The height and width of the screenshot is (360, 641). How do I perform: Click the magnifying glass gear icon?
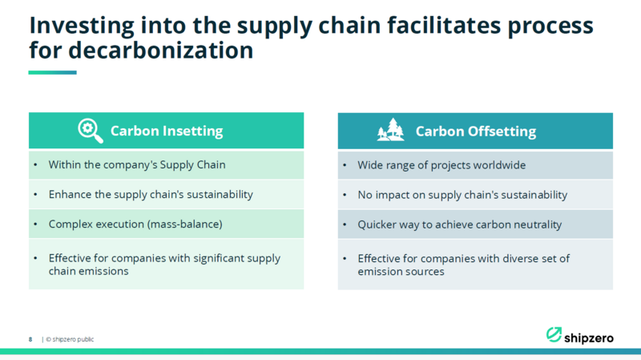point(91,131)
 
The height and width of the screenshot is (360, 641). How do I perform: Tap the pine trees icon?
point(390,130)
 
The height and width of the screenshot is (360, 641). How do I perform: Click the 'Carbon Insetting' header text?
point(167,131)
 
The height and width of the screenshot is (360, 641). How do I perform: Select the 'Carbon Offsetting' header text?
point(476,131)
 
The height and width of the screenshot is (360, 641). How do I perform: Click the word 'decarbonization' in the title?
point(161,51)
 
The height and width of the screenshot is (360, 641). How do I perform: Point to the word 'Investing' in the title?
point(82,26)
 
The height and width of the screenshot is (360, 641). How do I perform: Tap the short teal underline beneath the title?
point(52,72)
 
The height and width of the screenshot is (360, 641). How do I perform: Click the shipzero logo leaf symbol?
point(554,334)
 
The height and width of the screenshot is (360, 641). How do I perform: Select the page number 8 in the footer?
point(30,339)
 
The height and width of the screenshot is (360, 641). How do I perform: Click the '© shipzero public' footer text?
point(70,339)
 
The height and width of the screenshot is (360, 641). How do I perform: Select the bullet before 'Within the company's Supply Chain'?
point(35,165)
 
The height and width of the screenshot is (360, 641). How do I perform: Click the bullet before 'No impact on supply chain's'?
point(345,195)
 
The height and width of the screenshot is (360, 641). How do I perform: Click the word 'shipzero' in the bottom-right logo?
point(589,338)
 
